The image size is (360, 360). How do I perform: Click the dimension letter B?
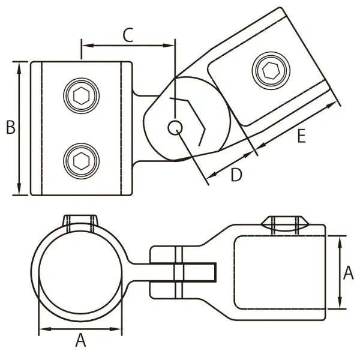pos(10,127)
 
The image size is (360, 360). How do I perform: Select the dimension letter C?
pos(127,35)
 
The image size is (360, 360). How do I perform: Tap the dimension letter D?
pos(236,175)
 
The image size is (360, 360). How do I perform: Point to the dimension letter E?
pos(301,137)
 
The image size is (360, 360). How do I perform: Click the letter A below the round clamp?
pos(80,341)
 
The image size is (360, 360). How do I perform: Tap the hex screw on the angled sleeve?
pos(269,70)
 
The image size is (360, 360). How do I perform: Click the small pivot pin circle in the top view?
pos(175,127)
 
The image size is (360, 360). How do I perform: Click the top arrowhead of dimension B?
pos(20,64)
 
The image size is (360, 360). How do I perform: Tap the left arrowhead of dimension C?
pos(85,45)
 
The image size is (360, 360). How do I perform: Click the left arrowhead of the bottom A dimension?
pos(42,329)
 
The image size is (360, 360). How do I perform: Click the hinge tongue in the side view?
pos(195,273)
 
